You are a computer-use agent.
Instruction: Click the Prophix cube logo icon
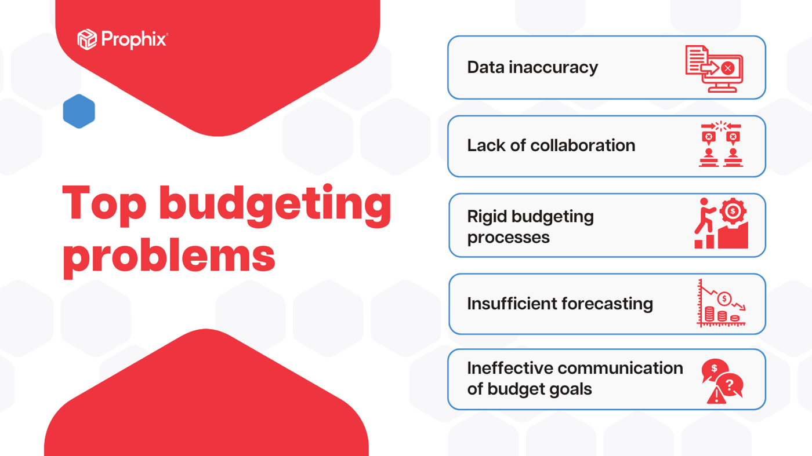pyautogui.click(x=87, y=39)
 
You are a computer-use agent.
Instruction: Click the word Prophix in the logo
pyautogui.click(x=134, y=39)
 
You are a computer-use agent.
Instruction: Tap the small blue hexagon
pyautogui.click(x=79, y=111)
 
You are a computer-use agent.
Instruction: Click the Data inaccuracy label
pyautogui.click(x=532, y=67)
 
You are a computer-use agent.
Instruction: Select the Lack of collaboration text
pyautogui.click(x=550, y=145)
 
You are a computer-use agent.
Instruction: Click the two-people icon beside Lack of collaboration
pyautogui.click(x=720, y=145)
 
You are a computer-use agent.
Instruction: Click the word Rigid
pyautogui.click(x=487, y=217)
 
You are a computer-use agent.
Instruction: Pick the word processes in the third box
pyautogui.click(x=508, y=238)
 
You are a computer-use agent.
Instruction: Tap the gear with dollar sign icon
pyautogui.click(x=733, y=211)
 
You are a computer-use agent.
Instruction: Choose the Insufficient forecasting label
pyautogui.click(x=560, y=304)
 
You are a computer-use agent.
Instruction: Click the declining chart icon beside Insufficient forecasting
pyautogui.click(x=721, y=304)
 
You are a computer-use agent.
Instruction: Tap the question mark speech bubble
pyautogui.click(x=730, y=385)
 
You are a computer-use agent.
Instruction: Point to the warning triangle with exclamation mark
pyautogui.click(x=716, y=396)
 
